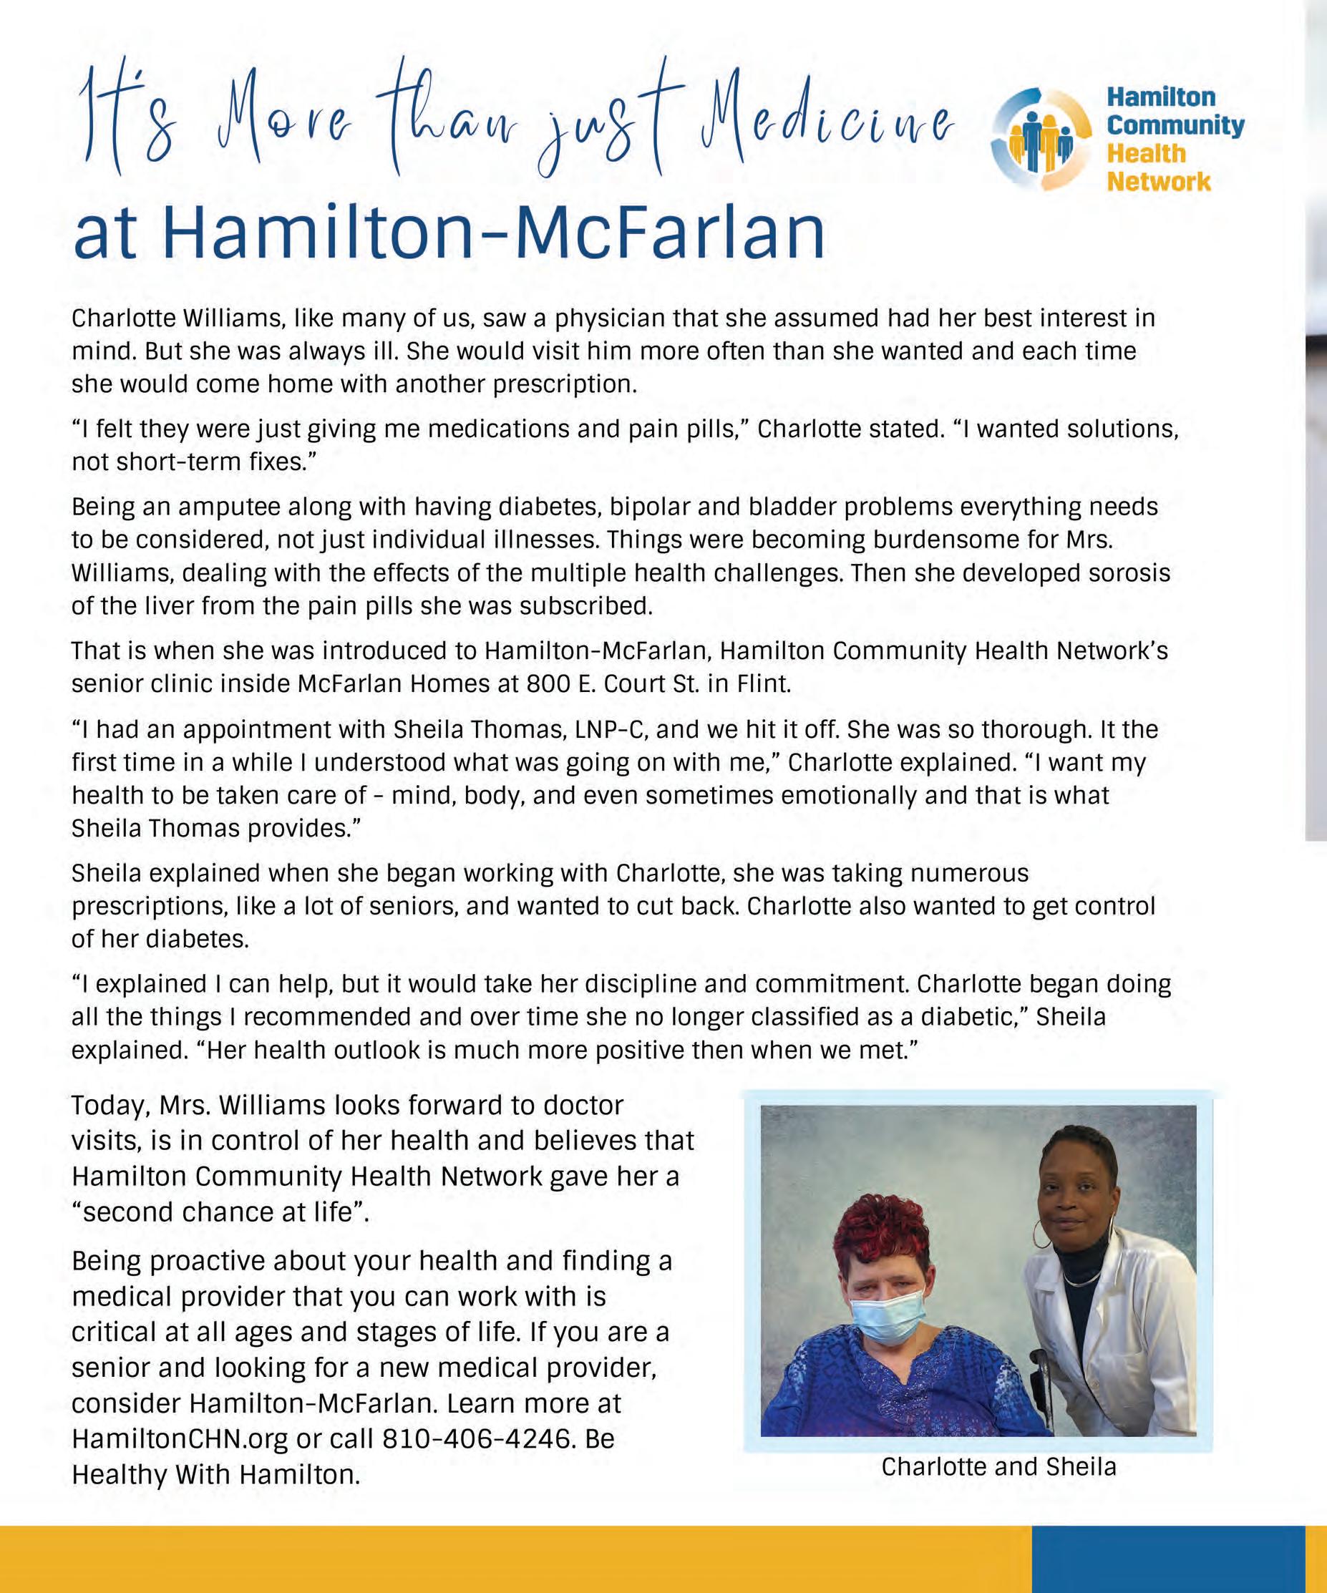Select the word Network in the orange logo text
tap(1159, 182)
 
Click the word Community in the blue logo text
tap(1175, 125)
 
